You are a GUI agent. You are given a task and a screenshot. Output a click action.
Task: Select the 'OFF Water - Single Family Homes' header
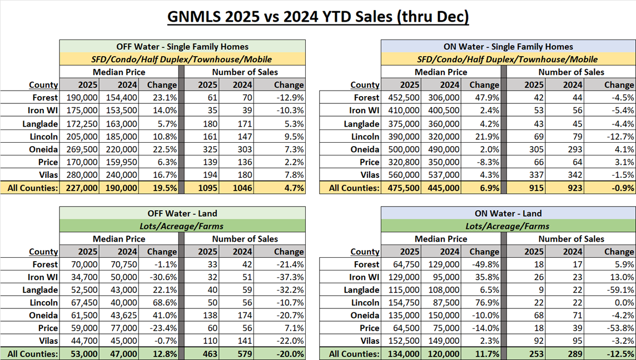[x=182, y=47]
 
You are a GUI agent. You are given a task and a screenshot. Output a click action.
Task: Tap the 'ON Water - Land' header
[x=509, y=213]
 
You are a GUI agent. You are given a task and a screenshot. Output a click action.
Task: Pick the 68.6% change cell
[x=162, y=303]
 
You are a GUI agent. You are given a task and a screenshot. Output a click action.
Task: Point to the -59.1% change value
[x=619, y=290]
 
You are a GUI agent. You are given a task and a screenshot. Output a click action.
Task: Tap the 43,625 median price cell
[x=123, y=316]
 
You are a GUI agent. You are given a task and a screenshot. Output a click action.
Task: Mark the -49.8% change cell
[x=484, y=264]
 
